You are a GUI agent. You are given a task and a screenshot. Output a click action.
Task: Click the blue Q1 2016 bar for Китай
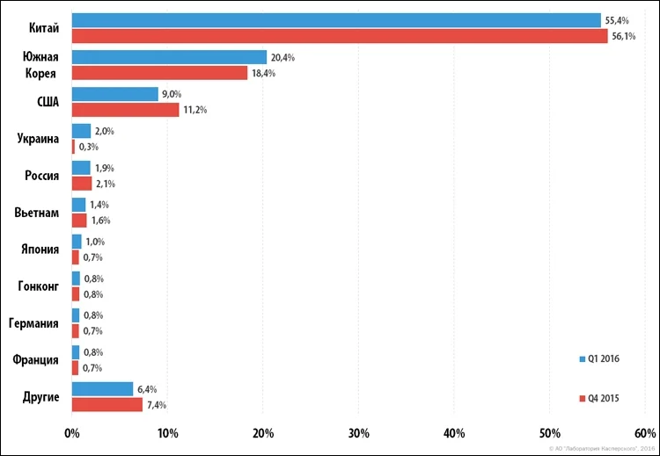tap(336, 20)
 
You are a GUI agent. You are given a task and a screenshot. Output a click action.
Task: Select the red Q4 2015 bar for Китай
tap(340, 36)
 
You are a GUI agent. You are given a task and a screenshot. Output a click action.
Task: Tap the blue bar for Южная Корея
tap(169, 57)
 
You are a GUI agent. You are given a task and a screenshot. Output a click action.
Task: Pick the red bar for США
tap(126, 110)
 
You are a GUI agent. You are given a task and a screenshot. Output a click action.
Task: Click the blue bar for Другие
tap(102, 389)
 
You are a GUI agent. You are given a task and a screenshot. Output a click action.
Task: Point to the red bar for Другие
tap(107, 405)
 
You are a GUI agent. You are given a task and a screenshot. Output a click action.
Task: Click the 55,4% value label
tap(617, 20)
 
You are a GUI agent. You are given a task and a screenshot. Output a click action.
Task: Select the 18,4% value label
tap(263, 73)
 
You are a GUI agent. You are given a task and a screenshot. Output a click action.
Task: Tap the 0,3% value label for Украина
tap(88, 147)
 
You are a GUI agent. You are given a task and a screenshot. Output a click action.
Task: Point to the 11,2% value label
tap(194, 110)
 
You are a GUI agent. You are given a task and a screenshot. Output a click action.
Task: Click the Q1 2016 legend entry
tap(599, 359)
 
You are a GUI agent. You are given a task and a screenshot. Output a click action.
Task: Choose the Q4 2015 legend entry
tap(599, 398)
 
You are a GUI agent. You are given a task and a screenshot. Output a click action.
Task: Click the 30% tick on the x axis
tap(359, 433)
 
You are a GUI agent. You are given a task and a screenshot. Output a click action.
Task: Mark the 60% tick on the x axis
tap(645, 433)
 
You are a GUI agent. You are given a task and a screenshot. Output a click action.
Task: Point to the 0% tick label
tap(72, 433)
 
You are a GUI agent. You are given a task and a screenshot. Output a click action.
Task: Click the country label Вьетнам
tap(37, 213)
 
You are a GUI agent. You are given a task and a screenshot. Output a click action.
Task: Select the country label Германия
tap(33, 323)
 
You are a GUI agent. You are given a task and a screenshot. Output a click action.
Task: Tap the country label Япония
tap(40, 250)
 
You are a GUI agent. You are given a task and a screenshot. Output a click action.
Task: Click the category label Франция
tap(35, 360)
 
